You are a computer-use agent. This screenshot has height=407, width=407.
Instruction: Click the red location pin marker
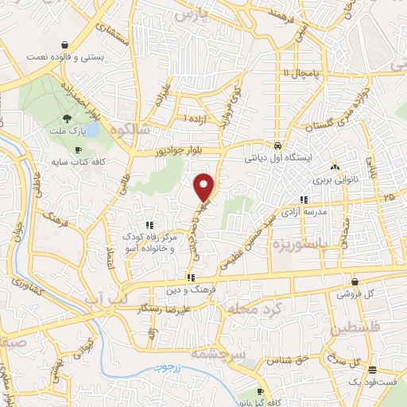205,186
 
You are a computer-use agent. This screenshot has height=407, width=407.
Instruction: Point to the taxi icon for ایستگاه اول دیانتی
276,146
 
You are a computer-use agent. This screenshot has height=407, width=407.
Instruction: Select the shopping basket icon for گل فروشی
354,281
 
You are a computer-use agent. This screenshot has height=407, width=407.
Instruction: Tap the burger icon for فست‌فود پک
372,368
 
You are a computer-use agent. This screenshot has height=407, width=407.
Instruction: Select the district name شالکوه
130,128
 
